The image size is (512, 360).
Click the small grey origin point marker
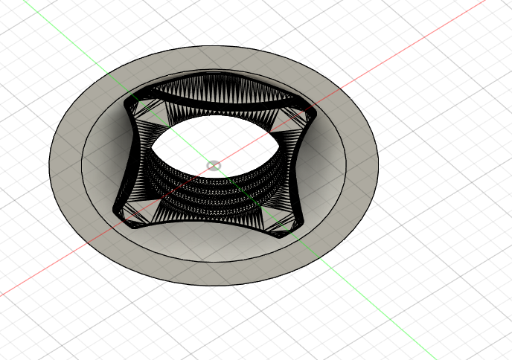click(214, 165)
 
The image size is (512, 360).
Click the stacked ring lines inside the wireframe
click(216, 190)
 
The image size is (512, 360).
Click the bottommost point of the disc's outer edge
click(216, 286)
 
